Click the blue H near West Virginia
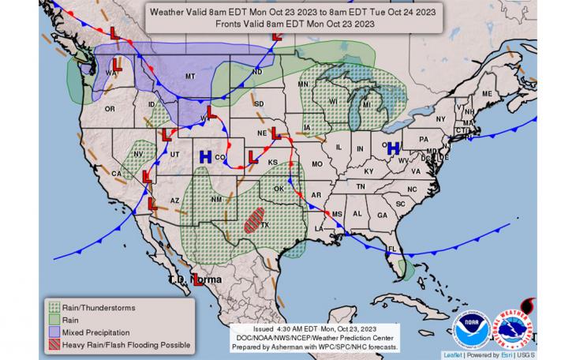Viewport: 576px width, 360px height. pyautogui.click(x=392, y=148)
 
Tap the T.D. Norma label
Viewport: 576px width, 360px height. pyautogui.click(x=195, y=279)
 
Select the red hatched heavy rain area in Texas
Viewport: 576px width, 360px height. pyautogui.click(x=254, y=219)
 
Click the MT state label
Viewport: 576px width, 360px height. pyautogui.click(x=189, y=76)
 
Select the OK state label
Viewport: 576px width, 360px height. pyautogui.click(x=277, y=189)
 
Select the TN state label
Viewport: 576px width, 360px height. pyautogui.click(x=360, y=186)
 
